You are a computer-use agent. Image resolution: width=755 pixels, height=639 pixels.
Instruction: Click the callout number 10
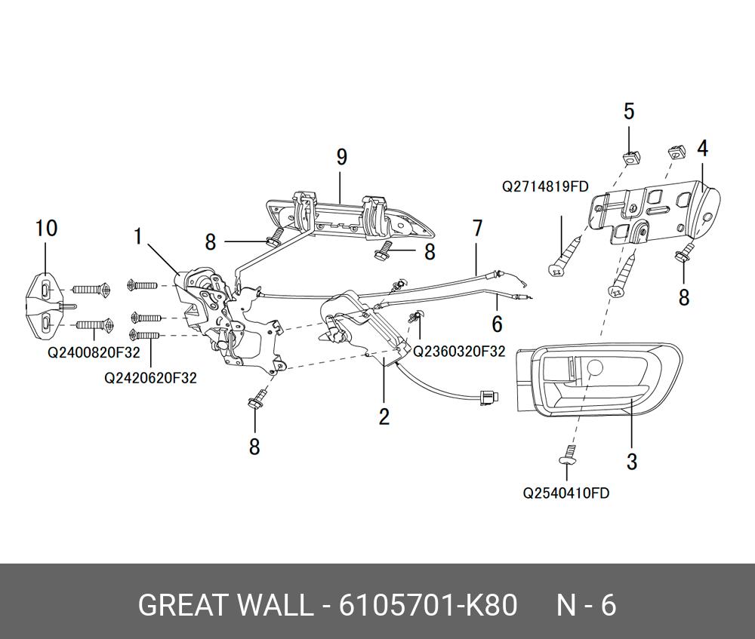[47, 228]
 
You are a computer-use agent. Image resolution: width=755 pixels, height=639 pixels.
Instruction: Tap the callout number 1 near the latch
[138, 237]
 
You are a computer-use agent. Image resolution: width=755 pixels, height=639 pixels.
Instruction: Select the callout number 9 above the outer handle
[341, 158]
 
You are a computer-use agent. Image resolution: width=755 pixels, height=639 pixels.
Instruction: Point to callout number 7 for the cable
[477, 227]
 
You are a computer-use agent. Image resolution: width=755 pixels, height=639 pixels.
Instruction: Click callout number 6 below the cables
[497, 324]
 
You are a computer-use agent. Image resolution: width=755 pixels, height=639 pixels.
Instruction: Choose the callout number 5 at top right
[629, 112]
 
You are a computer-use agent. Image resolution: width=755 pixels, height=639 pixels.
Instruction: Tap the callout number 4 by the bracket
[702, 149]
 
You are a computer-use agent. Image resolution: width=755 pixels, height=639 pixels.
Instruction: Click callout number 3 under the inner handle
[632, 461]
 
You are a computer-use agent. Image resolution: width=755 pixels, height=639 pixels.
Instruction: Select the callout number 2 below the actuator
[384, 416]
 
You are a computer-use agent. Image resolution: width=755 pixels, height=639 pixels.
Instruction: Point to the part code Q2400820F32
[94, 352]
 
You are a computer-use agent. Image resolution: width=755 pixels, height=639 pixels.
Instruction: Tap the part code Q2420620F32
[150, 377]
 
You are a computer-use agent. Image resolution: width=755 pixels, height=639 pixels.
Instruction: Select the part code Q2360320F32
[459, 352]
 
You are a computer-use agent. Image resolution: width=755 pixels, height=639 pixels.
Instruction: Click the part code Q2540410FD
[566, 493]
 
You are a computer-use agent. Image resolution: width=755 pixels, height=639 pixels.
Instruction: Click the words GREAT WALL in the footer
[225, 606]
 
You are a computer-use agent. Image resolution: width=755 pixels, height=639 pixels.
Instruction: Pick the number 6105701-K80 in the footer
[428, 606]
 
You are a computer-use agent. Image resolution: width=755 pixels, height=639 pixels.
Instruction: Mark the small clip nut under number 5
[630, 155]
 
